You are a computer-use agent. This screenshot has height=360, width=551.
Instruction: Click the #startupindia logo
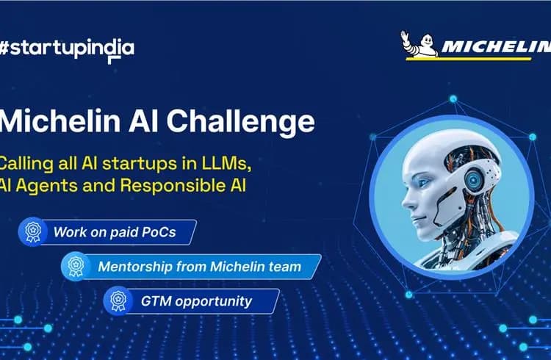click(x=67, y=50)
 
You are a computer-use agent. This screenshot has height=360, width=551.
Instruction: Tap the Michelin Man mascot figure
click(x=419, y=44)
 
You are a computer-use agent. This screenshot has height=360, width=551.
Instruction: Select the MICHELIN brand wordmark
click(x=496, y=46)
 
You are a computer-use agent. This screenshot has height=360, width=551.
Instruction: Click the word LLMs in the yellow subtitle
click(x=227, y=164)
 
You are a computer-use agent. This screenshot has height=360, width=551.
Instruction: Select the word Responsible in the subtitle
click(x=173, y=185)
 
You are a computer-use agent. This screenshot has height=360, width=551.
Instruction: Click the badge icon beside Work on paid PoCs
click(x=33, y=231)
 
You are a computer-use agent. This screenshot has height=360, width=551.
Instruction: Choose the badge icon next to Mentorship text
click(x=76, y=266)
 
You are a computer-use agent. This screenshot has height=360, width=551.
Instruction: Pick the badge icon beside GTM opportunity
click(x=118, y=300)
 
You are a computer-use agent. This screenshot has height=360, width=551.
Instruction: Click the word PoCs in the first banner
click(x=159, y=232)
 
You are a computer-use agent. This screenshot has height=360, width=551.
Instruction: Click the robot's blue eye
click(x=423, y=183)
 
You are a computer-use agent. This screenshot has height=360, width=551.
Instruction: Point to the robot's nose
click(x=407, y=202)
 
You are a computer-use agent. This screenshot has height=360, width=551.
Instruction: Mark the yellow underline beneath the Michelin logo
click(x=468, y=59)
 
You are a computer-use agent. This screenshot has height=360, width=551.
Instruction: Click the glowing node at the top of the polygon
click(x=453, y=99)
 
